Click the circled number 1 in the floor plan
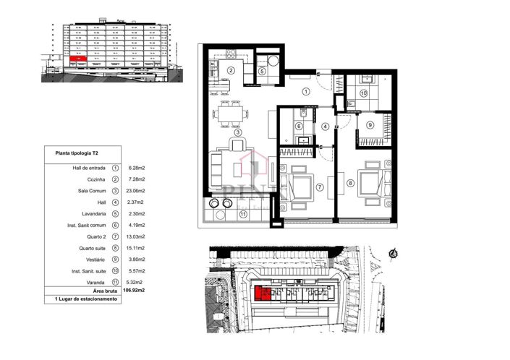coord(306,92)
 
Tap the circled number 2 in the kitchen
coord(231,70)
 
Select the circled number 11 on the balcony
coord(243,214)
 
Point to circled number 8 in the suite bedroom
coord(351,184)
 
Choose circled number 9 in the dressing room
coord(370,124)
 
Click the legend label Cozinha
coord(95,179)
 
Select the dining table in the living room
coord(232,114)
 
